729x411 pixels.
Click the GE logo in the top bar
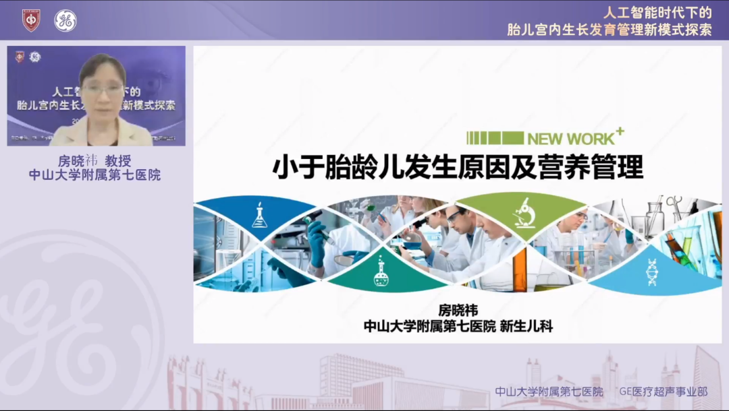[x=65, y=20]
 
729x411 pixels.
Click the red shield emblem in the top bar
[x=31, y=20]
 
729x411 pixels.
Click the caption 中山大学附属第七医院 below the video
[x=94, y=175]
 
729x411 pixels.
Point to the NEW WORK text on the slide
[x=570, y=139]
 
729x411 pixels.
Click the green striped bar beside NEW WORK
[x=495, y=138]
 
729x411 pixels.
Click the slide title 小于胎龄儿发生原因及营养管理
[x=458, y=168]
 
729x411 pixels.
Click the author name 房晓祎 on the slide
[x=458, y=311]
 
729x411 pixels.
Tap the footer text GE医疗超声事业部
[x=664, y=391]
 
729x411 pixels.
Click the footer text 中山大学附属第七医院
[x=549, y=391]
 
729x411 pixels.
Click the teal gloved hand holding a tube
[x=316, y=243]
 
